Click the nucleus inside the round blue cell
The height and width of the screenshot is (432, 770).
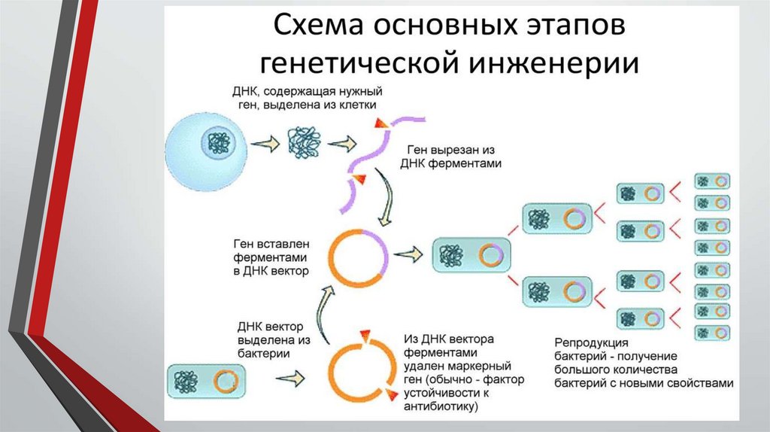pos(220,144)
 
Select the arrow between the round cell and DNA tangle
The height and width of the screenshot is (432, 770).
pos(264,144)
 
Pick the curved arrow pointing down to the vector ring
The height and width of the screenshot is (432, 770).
pos(386,196)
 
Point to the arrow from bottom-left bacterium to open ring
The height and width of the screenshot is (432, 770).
pos(290,376)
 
